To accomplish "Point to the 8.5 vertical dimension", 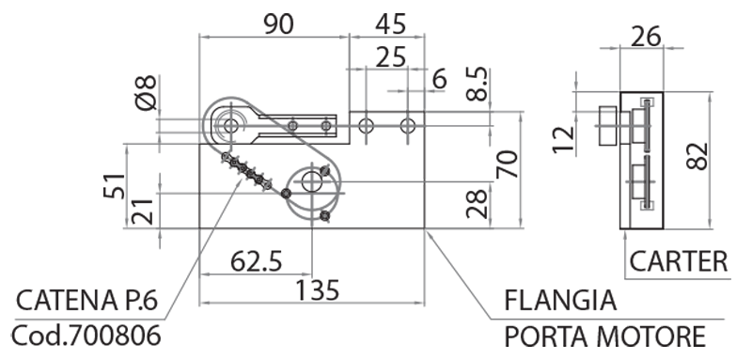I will [x=478, y=85].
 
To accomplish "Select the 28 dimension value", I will [x=478, y=204].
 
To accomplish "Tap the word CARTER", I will [x=678, y=260].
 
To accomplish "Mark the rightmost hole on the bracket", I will [x=407, y=124].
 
